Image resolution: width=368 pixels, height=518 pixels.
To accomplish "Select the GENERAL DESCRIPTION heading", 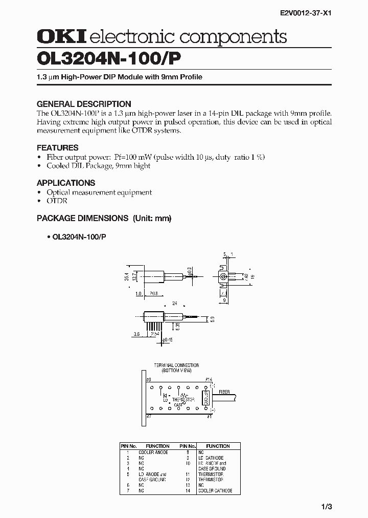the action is [x=84, y=103].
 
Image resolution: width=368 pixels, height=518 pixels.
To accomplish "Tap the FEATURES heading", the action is [x=58, y=147].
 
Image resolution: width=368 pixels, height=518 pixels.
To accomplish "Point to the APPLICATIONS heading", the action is [x=66, y=183].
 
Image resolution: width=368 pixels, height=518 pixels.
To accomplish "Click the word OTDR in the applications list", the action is [x=57, y=201].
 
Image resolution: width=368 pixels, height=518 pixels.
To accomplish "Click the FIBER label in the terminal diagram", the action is [x=224, y=392].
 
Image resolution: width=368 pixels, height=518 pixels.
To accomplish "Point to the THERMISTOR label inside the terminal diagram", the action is [x=181, y=399].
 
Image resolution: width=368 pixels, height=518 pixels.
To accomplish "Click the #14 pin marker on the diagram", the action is [x=209, y=379].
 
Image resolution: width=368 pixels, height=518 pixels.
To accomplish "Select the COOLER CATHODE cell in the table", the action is [x=215, y=490].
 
